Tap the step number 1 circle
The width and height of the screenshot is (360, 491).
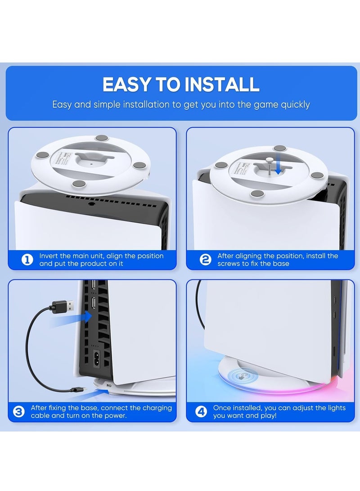tap(27, 260)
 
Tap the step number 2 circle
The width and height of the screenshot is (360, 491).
tap(206, 260)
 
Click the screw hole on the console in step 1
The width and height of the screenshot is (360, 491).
tap(92, 203)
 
